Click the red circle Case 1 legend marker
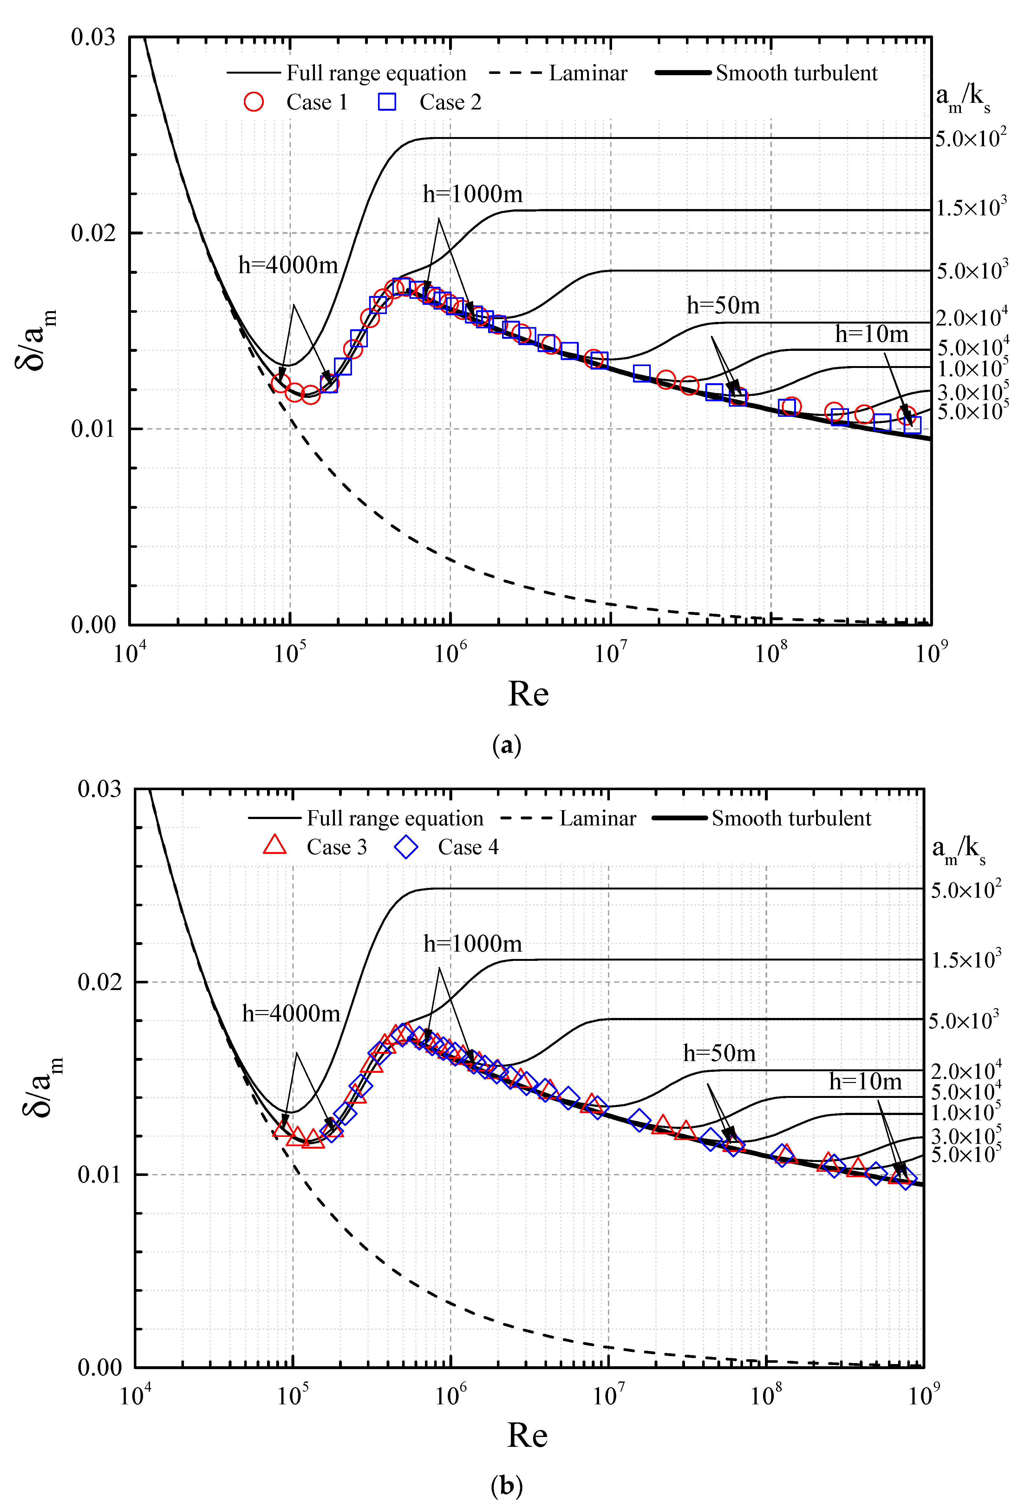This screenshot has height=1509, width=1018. pyautogui.click(x=254, y=102)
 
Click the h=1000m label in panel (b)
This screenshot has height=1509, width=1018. pyautogui.click(x=473, y=943)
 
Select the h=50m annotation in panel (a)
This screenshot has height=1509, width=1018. pyautogui.click(x=723, y=305)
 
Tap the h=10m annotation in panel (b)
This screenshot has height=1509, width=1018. pyautogui.click(x=865, y=1082)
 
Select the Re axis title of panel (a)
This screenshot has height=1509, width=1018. pyautogui.click(x=528, y=693)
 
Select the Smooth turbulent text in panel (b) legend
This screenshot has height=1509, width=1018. pyautogui.click(x=792, y=818)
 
